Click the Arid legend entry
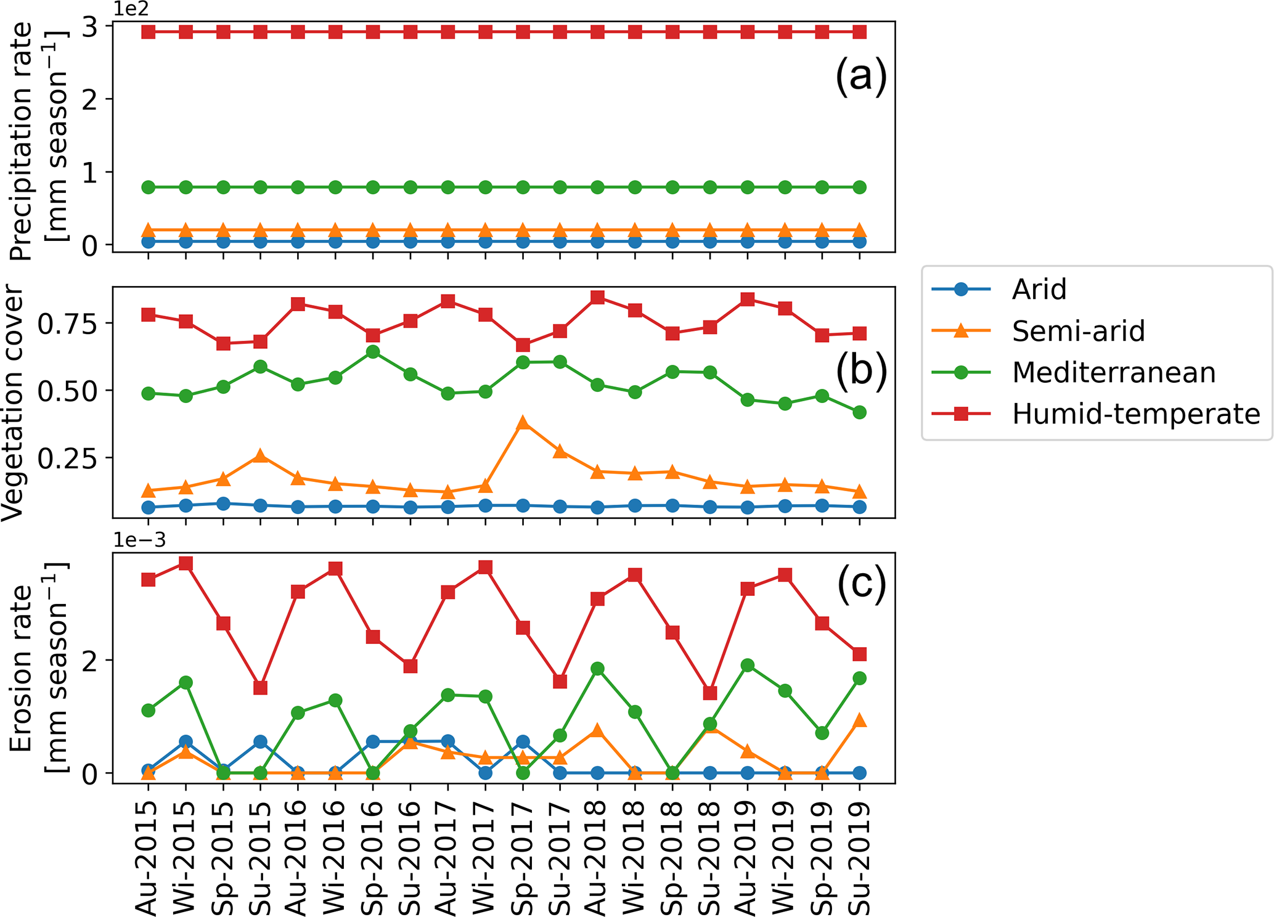pos(1039,289)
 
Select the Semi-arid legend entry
pos(1078,331)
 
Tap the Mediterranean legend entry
pos(1113,372)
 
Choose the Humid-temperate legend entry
pos(1135,414)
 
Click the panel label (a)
pos(861,78)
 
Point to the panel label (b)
pos(861,372)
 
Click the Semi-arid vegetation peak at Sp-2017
pos(523,423)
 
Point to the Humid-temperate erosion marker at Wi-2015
pos(186,564)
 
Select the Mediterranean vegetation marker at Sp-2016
pos(373,352)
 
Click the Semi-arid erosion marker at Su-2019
pos(860,720)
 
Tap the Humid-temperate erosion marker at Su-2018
pos(710,693)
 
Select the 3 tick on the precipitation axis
pos(90,26)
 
